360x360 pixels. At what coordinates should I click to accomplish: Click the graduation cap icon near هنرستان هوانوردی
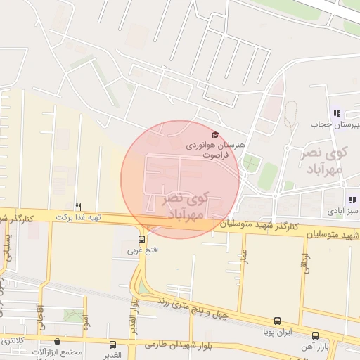[x=214, y=134]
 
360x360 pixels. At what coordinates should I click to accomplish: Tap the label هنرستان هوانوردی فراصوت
[x=215, y=148]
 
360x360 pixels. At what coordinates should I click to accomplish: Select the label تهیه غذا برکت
[x=79, y=217]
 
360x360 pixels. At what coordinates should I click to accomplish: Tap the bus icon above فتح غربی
[x=142, y=239]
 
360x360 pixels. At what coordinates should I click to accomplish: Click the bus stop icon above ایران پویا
[x=278, y=321]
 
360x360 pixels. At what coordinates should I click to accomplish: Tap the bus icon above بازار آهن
[x=315, y=335]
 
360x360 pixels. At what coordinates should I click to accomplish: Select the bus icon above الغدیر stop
[x=112, y=345]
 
